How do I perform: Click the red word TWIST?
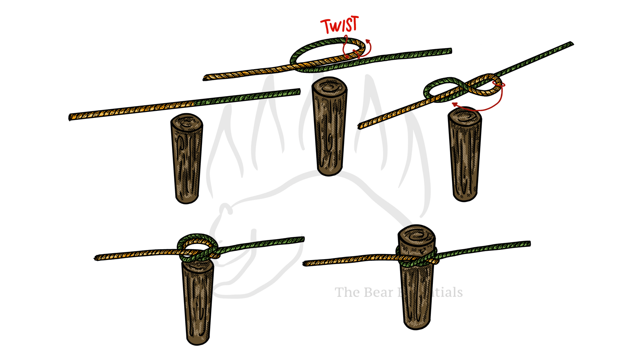pos(340,25)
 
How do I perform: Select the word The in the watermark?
pos(347,292)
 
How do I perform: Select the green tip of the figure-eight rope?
pos(570,44)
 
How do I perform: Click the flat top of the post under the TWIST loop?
pos(329,86)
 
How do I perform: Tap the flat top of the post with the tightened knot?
pos(416,234)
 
